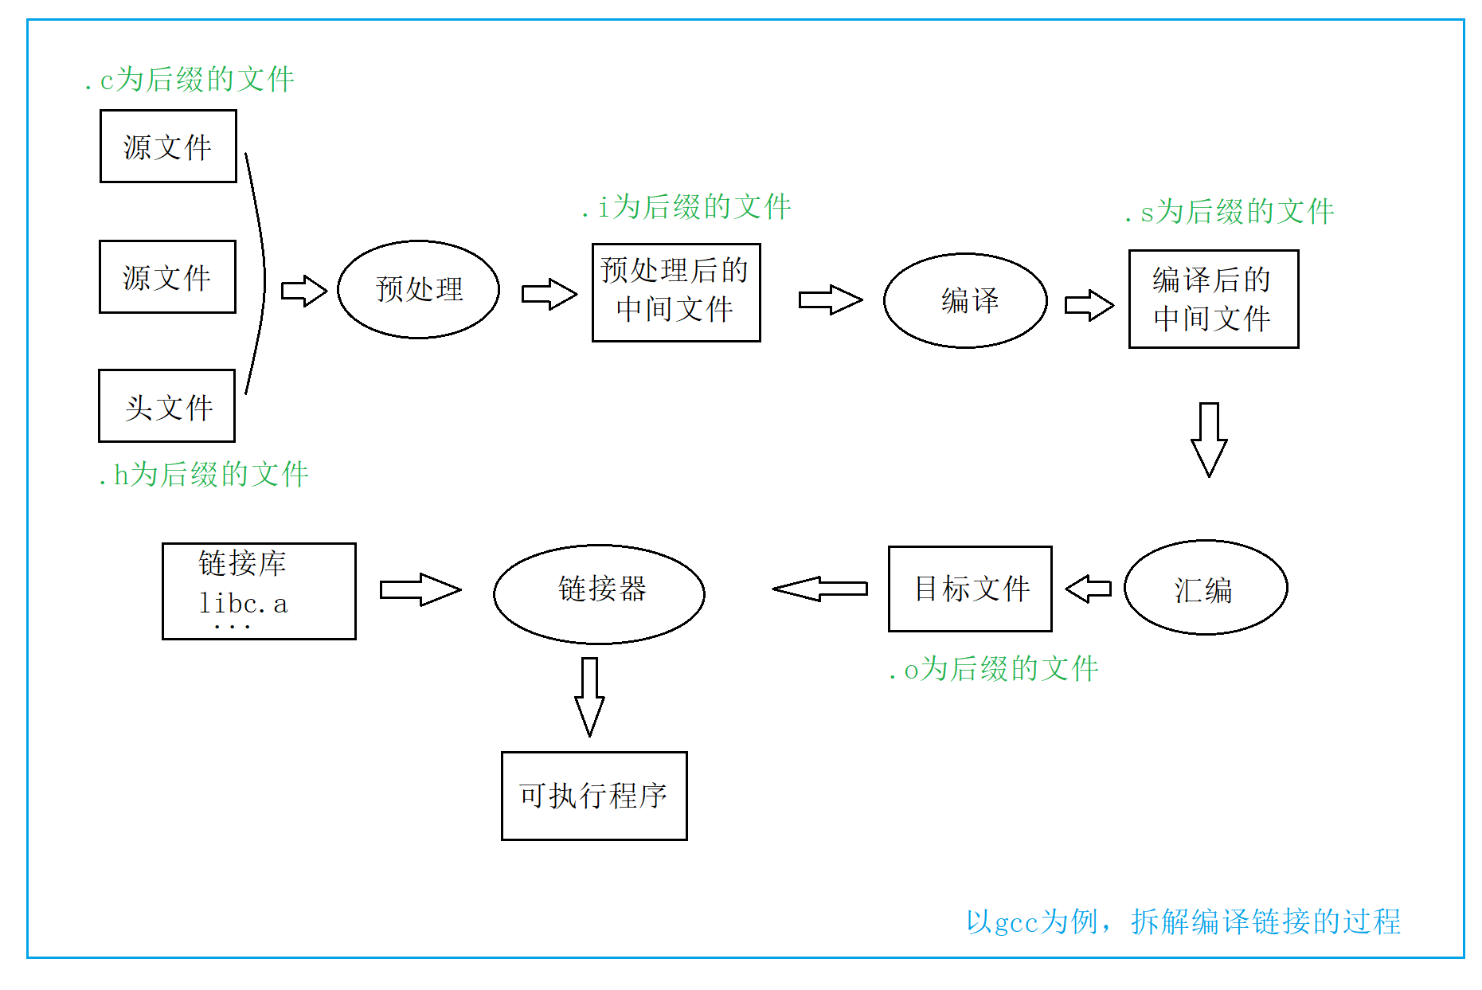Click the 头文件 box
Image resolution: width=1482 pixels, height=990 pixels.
166,406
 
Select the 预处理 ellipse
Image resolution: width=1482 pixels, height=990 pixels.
418,289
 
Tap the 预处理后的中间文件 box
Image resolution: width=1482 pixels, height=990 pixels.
676,292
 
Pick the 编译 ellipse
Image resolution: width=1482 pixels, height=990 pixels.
965,300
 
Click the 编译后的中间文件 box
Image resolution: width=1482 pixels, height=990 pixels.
1213,299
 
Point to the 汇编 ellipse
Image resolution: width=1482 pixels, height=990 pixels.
1205,588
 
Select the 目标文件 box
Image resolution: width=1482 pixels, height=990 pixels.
970,589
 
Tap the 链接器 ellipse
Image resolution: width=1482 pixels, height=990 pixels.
599,593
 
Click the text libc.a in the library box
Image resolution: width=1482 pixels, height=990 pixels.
243,604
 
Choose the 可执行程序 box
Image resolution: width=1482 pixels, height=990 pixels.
594,796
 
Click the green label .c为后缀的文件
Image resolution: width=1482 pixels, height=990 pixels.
190,79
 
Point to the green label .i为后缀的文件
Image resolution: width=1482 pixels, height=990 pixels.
686,207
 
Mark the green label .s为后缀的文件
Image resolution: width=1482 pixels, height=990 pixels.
1230,212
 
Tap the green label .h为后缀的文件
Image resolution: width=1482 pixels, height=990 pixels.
203,475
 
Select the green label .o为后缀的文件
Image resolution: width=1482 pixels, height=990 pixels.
994,669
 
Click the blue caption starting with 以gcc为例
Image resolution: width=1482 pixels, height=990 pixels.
1183,922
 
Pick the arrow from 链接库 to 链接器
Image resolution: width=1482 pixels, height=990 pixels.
420,589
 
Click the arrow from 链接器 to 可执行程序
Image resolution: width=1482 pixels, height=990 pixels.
589,696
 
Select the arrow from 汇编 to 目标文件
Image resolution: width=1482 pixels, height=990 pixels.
1089,589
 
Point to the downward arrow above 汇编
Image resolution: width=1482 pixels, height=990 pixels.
1209,439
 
